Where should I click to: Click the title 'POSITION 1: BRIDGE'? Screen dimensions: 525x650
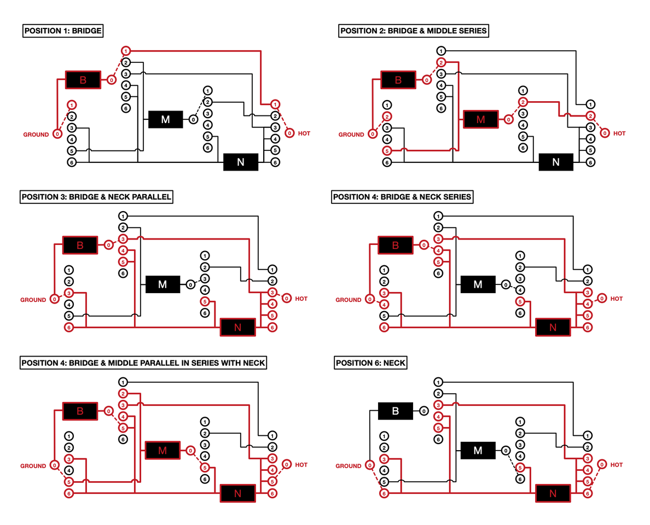[x=63, y=31]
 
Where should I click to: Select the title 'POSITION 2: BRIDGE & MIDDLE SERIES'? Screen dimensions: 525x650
[x=413, y=31]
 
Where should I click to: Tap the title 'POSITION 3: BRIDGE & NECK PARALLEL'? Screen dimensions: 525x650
[x=96, y=197]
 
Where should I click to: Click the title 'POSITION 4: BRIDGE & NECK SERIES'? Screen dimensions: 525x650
[x=402, y=197]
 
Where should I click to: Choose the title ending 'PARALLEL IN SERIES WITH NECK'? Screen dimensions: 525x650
[x=143, y=363]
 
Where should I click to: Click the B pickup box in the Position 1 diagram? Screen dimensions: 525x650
[x=83, y=80]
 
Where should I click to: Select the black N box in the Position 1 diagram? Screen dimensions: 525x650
[x=240, y=162]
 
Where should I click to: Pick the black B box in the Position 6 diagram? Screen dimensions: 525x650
[x=396, y=411]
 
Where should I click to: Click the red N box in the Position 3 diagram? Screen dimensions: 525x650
[x=237, y=327]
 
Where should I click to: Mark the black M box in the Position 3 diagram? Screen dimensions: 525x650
[x=162, y=284]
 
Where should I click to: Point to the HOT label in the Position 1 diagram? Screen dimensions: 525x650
[x=304, y=133]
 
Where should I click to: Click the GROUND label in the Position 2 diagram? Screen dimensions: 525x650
[x=351, y=135]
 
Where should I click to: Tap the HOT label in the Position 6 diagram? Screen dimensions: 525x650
[x=616, y=465]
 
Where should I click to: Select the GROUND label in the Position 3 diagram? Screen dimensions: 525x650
[x=33, y=300]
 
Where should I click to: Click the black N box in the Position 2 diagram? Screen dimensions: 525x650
[x=556, y=162]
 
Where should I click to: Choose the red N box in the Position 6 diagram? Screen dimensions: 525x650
[x=553, y=493]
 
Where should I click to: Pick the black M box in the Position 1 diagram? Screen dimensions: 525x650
[x=166, y=119]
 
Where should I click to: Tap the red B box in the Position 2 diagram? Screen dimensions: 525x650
[x=398, y=80]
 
